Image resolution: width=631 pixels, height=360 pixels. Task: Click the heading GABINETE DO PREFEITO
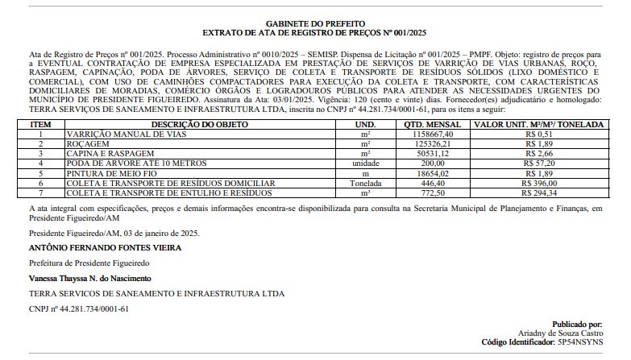(315, 23)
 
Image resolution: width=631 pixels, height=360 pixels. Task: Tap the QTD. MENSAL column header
(433, 125)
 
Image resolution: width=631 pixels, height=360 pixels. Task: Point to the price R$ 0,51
(538, 134)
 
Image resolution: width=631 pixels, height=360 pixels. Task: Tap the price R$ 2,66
(538, 153)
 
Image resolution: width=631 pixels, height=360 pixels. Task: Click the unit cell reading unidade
(365, 163)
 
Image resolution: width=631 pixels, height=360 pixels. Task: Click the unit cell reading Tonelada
(365, 183)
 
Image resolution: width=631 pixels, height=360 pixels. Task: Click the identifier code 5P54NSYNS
(579, 342)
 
